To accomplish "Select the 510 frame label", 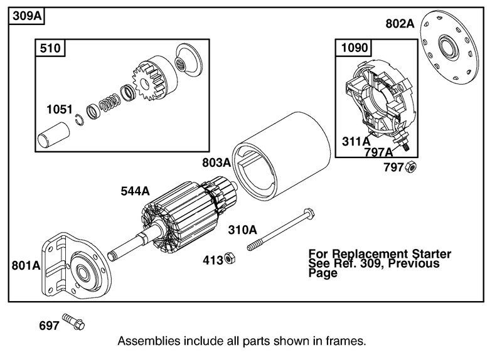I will click(x=50, y=48).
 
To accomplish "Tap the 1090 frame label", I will click(x=355, y=48).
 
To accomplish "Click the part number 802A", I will click(x=400, y=24).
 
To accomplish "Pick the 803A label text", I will click(x=216, y=162).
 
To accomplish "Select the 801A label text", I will click(x=26, y=265).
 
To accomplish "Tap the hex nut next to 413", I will click(x=230, y=258).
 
